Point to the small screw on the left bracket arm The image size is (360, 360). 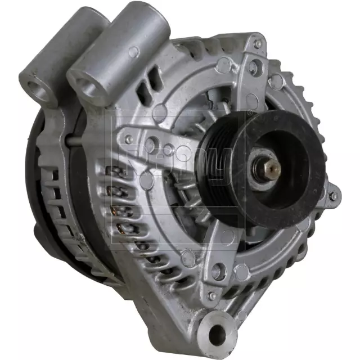coord(129,138)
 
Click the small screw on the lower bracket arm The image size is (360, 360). coord(212,295)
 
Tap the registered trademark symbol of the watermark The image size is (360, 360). coord(249,112)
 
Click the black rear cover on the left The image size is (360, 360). coord(42,180)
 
